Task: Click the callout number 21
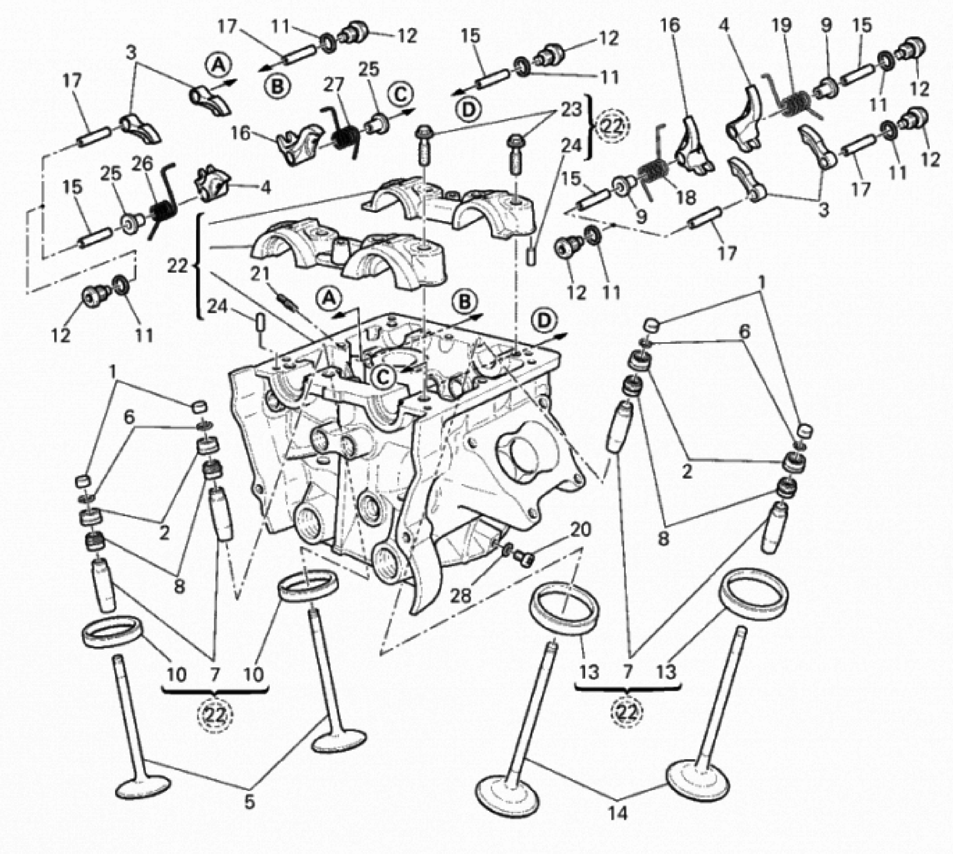[261, 274]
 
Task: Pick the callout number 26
[142, 164]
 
